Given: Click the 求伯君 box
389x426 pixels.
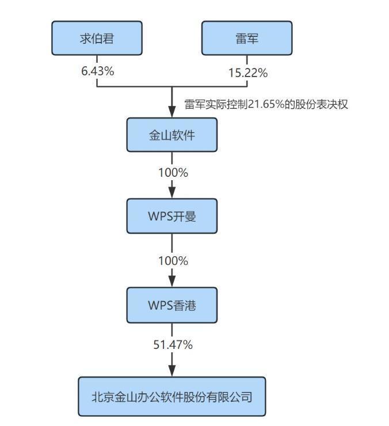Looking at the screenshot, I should pos(97,39).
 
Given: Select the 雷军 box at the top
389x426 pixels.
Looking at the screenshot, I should pos(247,39).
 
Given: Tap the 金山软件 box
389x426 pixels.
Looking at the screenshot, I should pos(172,135).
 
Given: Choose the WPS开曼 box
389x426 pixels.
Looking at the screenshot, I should pos(172,216).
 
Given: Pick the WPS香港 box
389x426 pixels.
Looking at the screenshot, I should pos(172,305).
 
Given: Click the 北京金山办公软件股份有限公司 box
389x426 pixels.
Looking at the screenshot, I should pos(172,396).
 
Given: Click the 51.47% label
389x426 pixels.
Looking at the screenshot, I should pos(173,345).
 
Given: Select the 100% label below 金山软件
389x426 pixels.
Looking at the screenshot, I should pos(173,172).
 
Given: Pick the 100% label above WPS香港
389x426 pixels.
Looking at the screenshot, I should pos(173,261).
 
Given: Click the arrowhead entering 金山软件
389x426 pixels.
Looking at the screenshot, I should pos(172,112).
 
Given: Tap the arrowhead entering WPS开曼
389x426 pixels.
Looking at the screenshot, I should pos(172,193).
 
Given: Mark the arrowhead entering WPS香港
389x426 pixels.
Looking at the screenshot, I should pos(172,282).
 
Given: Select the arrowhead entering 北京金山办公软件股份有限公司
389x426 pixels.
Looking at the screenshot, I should pos(172,371).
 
